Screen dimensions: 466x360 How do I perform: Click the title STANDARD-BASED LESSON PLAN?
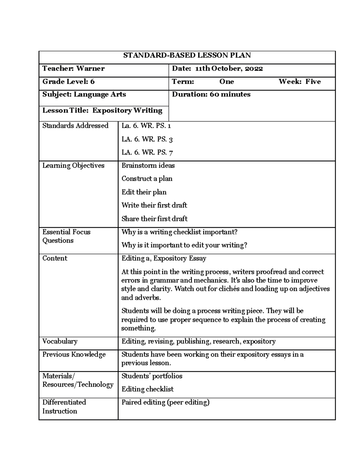(187, 56)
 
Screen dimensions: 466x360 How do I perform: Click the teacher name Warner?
(90, 69)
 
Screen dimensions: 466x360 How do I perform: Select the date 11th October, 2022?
(229, 69)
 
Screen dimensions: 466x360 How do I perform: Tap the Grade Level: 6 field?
(68, 82)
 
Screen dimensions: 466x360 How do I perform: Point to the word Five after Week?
(313, 82)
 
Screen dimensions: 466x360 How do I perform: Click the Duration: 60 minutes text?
(211, 95)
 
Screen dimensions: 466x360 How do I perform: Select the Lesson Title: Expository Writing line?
(102, 110)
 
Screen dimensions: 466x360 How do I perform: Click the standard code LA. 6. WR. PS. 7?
(147, 152)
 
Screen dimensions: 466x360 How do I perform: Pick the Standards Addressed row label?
(75, 126)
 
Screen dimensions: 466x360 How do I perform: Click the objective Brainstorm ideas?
(148, 166)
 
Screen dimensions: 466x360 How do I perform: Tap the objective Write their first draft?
(154, 205)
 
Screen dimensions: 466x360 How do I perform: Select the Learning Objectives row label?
(73, 166)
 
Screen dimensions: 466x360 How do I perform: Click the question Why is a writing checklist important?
(179, 232)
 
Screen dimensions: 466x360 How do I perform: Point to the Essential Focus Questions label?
(66, 236)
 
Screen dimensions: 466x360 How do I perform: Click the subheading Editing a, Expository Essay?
(164, 258)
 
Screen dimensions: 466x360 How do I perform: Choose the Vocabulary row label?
(60, 341)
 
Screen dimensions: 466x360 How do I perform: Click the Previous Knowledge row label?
(74, 355)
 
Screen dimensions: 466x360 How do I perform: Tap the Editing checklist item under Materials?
(147, 389)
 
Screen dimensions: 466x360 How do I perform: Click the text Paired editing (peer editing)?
(165, 402)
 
